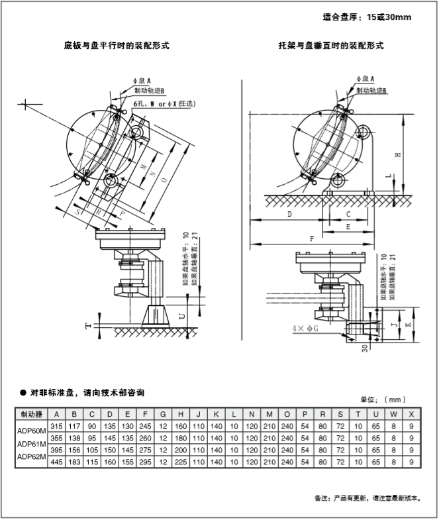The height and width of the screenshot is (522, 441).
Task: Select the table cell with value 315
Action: [56, 426]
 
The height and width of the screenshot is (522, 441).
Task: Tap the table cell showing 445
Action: [56, 462]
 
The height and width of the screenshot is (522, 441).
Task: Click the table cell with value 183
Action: [74, 462]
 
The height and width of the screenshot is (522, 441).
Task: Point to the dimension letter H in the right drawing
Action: [397, 155]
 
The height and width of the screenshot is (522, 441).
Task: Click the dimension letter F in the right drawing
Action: [311, 238]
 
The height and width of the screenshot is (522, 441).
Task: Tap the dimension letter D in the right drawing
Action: [289, 215]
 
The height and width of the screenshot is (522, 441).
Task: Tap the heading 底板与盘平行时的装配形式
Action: [117, 46]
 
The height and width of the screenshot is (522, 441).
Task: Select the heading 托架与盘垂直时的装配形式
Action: [331, 46]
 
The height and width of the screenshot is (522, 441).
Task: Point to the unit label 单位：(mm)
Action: [382, 399]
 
